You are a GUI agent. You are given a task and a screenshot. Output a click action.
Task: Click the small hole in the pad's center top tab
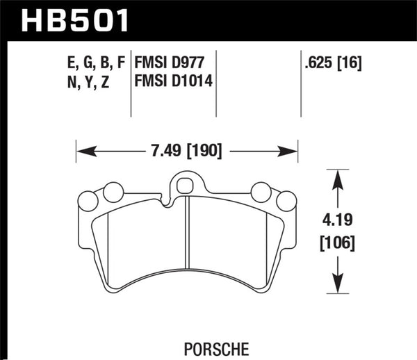185,186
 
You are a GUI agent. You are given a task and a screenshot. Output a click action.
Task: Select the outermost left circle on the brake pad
87,201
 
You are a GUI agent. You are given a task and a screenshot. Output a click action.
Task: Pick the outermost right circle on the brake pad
286,201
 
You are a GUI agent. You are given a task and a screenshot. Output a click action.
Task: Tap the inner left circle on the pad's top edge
113,192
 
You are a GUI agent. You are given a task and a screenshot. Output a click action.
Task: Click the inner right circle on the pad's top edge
261,192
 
